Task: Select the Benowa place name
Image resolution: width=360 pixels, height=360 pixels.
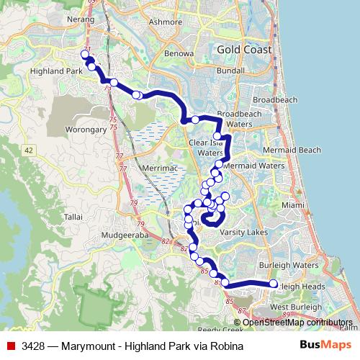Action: [179, 53]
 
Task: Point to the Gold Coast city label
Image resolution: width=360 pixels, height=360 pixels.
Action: [244, 50]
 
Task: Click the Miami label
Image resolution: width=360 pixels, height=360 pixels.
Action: [293, 205]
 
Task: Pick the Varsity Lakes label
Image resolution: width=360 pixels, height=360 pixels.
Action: [244, 233]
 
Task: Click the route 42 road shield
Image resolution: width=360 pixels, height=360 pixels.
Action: [28, 150]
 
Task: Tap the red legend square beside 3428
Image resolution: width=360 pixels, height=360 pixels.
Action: [10, 346]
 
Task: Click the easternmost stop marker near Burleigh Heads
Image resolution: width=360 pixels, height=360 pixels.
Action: [273, 284]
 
